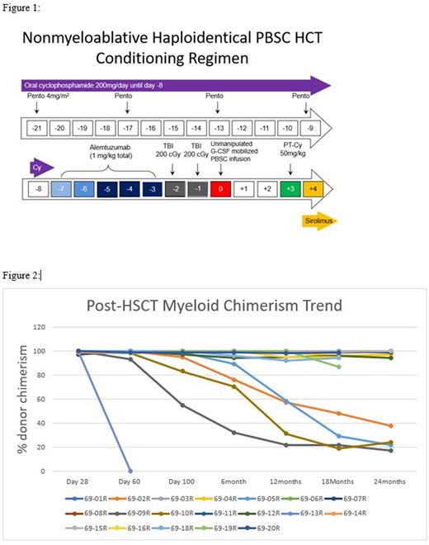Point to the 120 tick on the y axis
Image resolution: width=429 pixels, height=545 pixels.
coord(59,327)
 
